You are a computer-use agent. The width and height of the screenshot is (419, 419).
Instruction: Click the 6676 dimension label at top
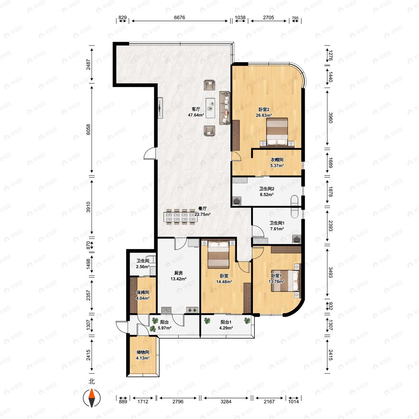(179, 18)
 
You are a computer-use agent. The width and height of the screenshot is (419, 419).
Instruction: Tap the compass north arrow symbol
(92, 397)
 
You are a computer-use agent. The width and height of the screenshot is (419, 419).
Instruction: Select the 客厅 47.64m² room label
(196, 112)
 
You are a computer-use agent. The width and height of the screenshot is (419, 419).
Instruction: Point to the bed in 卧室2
(277, 133)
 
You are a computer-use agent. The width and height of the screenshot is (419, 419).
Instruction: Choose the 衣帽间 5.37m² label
(277, 162)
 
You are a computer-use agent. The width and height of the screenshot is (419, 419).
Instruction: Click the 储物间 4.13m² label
(143, 355)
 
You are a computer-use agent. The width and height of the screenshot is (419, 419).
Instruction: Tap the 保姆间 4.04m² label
(143, 295)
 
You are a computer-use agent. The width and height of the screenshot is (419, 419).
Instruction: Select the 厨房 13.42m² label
(178, 276)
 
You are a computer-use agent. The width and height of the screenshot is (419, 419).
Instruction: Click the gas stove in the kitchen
(192, 310)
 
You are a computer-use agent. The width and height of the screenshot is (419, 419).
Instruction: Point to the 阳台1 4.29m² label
(226, 325)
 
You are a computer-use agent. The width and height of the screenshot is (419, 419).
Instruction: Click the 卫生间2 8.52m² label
(267, 191)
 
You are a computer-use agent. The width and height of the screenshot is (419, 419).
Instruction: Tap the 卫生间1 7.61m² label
(277, 226)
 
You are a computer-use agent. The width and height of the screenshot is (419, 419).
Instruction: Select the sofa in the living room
(225, 108)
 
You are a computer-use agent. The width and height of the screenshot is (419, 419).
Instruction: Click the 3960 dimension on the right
(331, 118)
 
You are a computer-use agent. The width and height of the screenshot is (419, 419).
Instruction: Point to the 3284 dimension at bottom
(226, 401)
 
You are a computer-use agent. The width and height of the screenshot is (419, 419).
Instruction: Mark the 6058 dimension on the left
(88, 130)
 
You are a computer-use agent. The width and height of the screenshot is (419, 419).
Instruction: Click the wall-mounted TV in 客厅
(160, 108)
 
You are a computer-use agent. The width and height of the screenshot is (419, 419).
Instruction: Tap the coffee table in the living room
(210, 108)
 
